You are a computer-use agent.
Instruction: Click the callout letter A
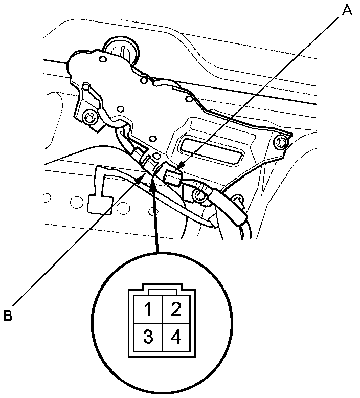point(347,10)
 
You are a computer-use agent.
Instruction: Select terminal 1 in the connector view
point(147,310)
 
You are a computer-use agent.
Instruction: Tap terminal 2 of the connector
point(175,310)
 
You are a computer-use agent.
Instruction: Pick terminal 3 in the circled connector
point(147,337)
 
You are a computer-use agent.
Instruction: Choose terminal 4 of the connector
point(175,337)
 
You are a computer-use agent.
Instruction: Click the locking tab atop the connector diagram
point(162,291)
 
